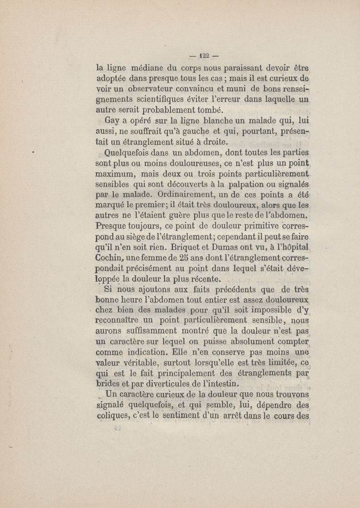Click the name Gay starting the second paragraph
pos(113,120)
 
